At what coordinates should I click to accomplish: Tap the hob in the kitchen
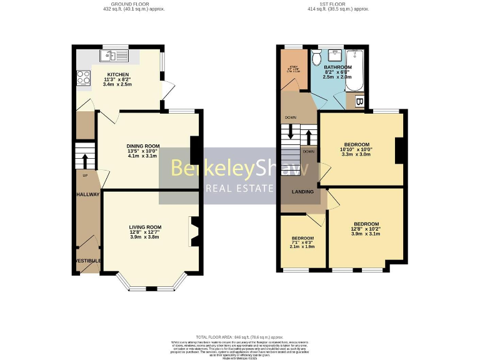(82, 78)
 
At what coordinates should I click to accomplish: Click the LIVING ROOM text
(146, 227)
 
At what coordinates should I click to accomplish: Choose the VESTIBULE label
(87, 261)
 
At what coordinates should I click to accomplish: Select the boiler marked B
(359, 101)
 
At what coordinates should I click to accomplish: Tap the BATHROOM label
(337, 67)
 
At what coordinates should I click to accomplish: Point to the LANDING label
(302, 191)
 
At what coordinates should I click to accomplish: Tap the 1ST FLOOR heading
(338, 4)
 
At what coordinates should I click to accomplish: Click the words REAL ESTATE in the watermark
(241, 188)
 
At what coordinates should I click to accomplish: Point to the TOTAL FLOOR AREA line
(239, 336)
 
